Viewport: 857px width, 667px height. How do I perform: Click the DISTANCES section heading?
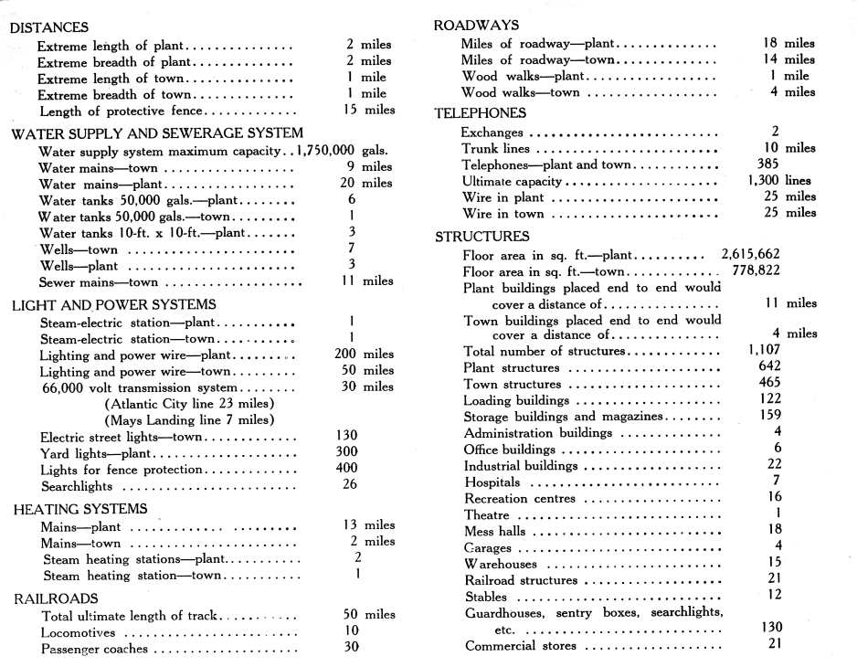[x=48, y=27]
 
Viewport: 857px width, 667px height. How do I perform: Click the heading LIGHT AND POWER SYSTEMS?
[x=113, y=304]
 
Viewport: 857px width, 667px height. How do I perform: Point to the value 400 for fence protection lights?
[x=347, y=469]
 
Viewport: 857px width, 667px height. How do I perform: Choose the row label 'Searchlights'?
[x=77, y=487]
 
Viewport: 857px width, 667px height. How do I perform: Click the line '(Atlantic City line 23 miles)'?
[x=191, y=404]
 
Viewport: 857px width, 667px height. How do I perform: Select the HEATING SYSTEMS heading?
[x=80, y=509]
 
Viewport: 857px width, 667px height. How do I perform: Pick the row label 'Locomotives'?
[x=79, y=632]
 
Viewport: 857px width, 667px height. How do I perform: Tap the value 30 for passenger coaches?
[x=349, y=647]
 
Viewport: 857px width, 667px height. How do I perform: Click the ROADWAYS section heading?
[x=476, y=25]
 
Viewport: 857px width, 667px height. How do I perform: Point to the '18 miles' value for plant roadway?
[x=788, y=43]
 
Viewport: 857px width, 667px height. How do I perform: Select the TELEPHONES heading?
[x=480, y=112]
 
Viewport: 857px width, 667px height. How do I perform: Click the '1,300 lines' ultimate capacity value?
[x=778, y=180]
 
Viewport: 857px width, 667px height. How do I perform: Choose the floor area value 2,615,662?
[x=750, y=254]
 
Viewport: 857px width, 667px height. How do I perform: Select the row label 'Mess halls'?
[x=494, y=532]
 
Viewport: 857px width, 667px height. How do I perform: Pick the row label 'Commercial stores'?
[x=521, y=646]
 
